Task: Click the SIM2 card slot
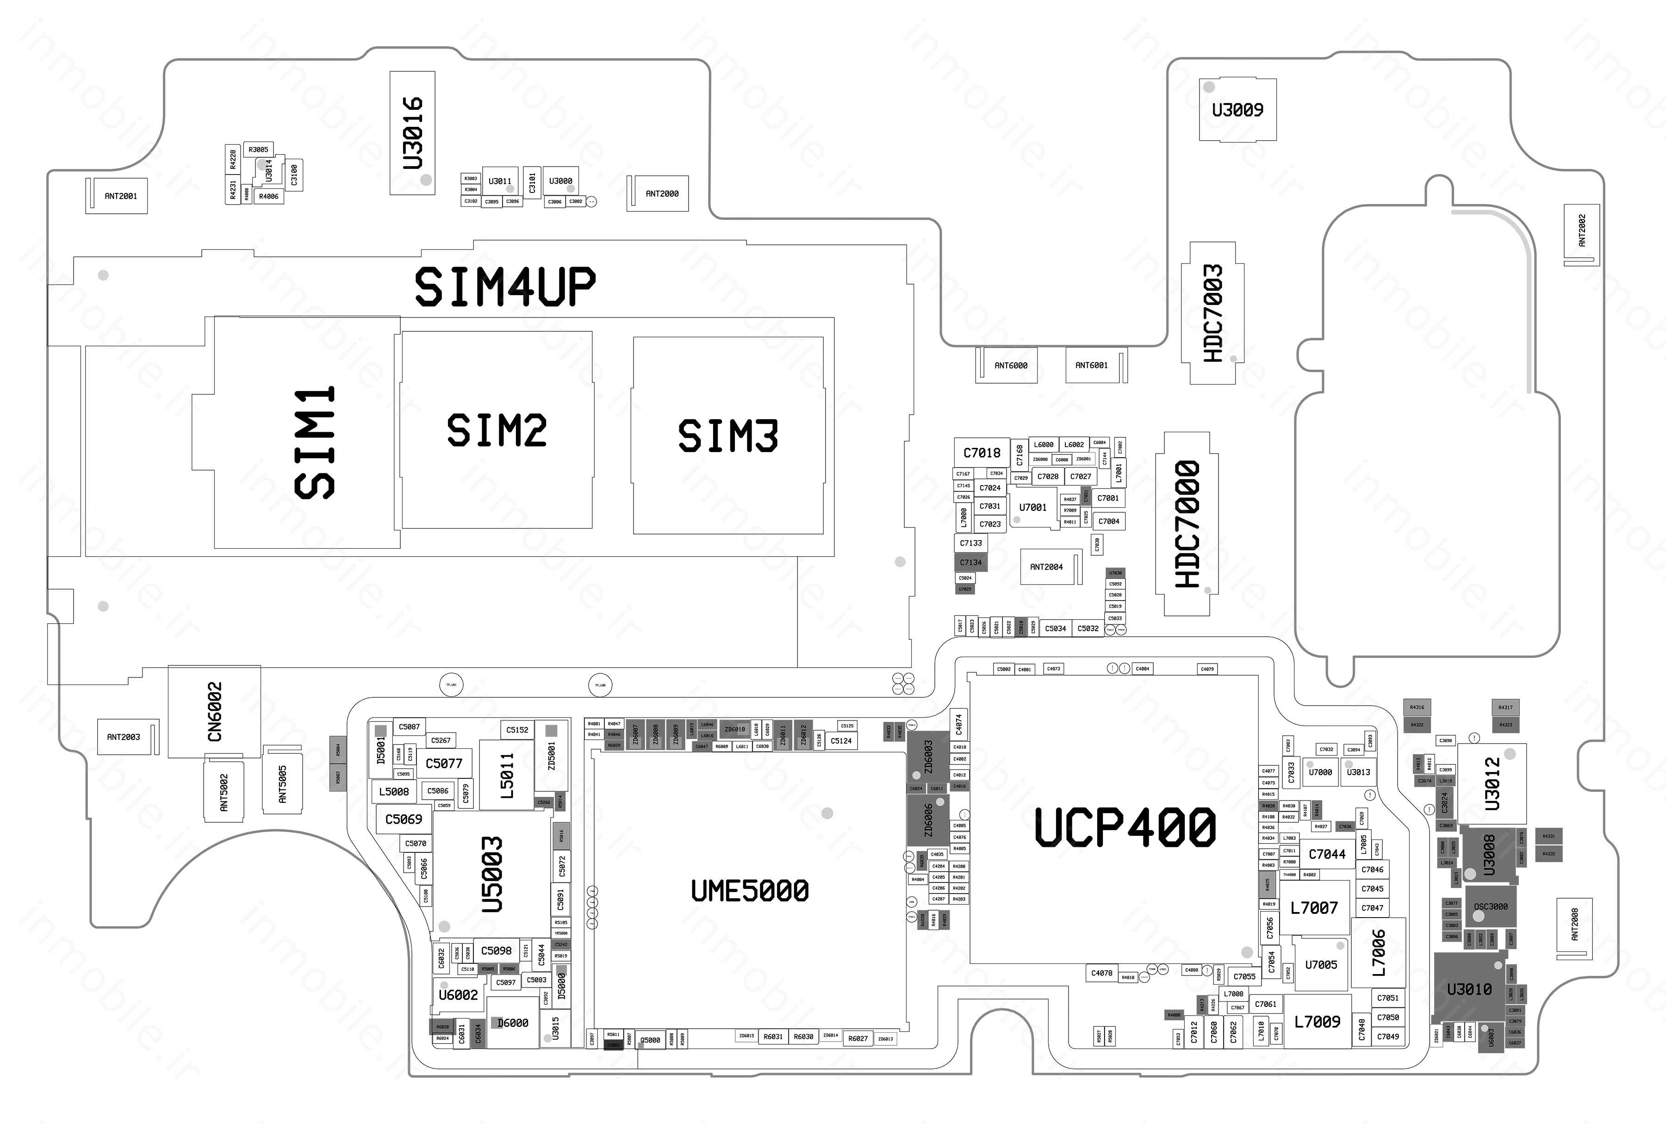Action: tap(496, 430)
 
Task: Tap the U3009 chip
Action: tap(1237, 110)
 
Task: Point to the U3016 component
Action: tap(412, 133)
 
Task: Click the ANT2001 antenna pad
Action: tap(120, 196)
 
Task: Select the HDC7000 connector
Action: tap(1187, 523)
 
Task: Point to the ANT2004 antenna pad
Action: tap(1047, 567)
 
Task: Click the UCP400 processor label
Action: tap(1124, 826)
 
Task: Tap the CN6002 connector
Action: tap(214, 711)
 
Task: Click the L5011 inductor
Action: tap(507, 776)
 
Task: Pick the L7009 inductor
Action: tap(1317, 1021)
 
